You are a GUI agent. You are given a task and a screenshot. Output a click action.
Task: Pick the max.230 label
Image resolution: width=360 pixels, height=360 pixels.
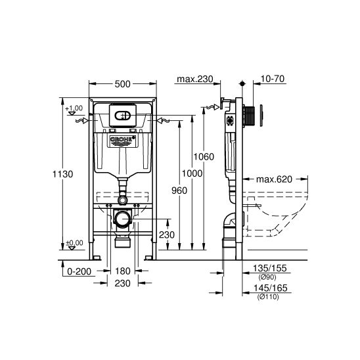(195, 79)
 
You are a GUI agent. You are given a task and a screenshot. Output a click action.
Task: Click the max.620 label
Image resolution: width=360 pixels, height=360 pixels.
(274, 179)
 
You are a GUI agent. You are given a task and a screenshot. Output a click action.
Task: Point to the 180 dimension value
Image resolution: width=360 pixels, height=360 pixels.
(123, 271)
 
